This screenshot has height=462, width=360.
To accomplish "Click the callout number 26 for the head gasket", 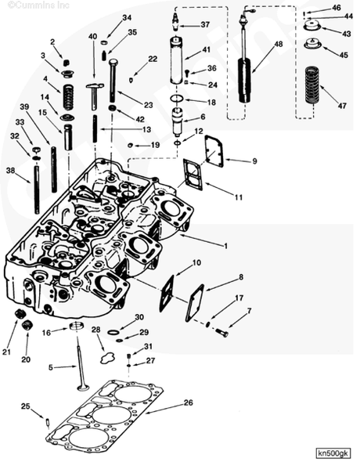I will pyautogui.click(x=188, y=403).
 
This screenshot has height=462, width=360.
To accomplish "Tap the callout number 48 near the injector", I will pyautogui.click(x=279, y=44).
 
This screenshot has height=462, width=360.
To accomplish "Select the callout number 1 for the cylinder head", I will pyautogui.click(x=225, y=246).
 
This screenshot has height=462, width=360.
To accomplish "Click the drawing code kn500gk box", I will pyautogui.click(x=334, y=453).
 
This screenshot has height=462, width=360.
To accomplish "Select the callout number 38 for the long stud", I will pyautogui.click(x=10, y=170).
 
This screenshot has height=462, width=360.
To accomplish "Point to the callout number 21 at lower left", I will pyautogui.click(x=6, y=352).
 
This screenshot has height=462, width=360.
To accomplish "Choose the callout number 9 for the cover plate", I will pyautogui.click(x=254, y=161).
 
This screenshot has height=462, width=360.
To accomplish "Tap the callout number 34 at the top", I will pyautogui.click(x=127, y=17).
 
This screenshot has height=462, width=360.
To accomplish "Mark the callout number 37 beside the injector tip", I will pyautogui.click(x=205, y=25).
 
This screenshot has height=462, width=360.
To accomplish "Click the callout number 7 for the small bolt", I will pyautogui.click(x=249, y=311).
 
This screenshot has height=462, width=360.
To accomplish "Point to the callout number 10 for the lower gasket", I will pyautogui.click(x=196, y=262).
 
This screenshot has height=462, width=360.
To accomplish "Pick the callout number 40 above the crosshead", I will pyautogui.click(x=92, y=37).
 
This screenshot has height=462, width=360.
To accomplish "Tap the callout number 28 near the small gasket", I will pyautogui.click(x=95, y=330).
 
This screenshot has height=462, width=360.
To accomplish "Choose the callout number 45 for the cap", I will pyautogui.click(x=344, y=55).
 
